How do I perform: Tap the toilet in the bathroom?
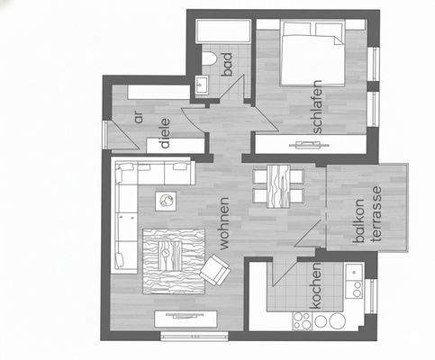(209, 59)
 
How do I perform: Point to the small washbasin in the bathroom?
(203, 86)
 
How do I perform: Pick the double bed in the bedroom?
(311, 54)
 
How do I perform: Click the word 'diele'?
(164, 132)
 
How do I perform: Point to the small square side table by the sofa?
(166, 199)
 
